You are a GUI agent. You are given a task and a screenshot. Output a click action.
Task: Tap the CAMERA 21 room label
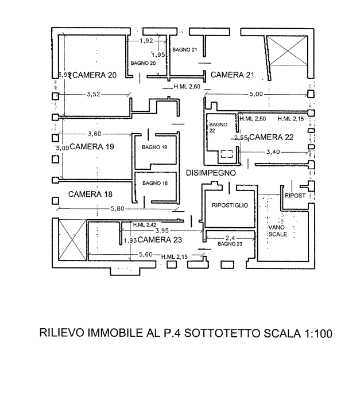(x=232, y=75)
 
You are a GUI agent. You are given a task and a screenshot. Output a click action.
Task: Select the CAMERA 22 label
(x=272, y=138)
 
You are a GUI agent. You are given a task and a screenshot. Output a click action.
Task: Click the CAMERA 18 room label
(x=90, y=195)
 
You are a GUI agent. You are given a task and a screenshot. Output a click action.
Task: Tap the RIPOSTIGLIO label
(x=230, y=205)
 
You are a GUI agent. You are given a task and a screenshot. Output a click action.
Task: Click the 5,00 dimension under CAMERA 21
(x=256, y=93)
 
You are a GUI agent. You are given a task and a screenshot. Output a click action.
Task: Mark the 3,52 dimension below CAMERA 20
(x=93, y=94)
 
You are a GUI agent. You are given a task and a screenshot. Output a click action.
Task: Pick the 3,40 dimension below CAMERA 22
(x=273, y=152)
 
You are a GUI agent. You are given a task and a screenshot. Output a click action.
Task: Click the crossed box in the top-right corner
(x=287, y=50)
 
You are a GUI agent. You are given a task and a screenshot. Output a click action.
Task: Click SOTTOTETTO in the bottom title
(x=223, y=333)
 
